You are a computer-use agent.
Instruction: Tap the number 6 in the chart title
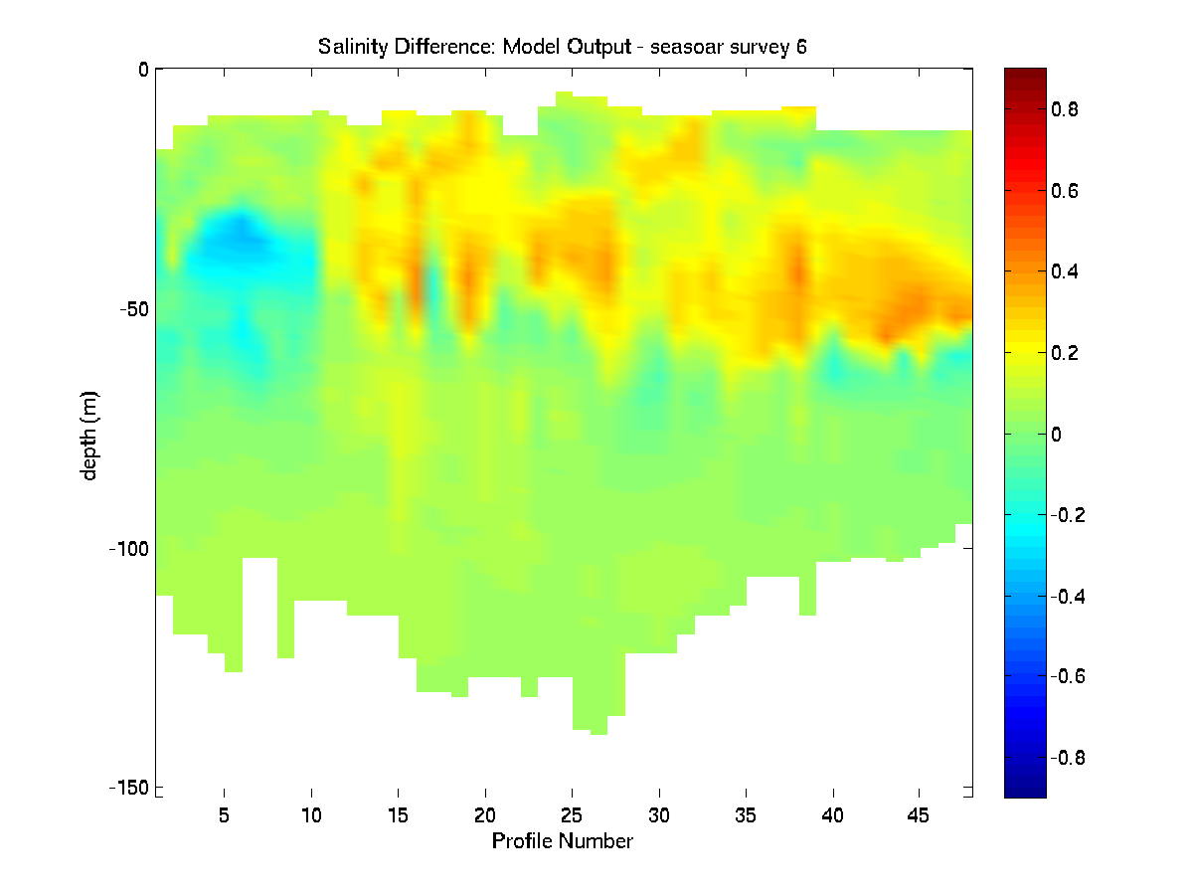800,47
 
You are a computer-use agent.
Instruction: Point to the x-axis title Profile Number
563,841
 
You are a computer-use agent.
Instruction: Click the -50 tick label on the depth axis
130,309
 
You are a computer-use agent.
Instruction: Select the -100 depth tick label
126,548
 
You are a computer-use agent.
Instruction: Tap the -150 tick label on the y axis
126,788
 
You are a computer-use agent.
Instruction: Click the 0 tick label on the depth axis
143,70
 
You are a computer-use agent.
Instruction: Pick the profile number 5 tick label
225,814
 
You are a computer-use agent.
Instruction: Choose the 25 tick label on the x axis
572,814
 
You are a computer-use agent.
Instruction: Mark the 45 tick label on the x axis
919,814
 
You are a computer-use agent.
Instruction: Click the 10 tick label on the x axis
311,814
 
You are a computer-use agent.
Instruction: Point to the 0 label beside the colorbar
1057,434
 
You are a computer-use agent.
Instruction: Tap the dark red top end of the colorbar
1025,75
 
